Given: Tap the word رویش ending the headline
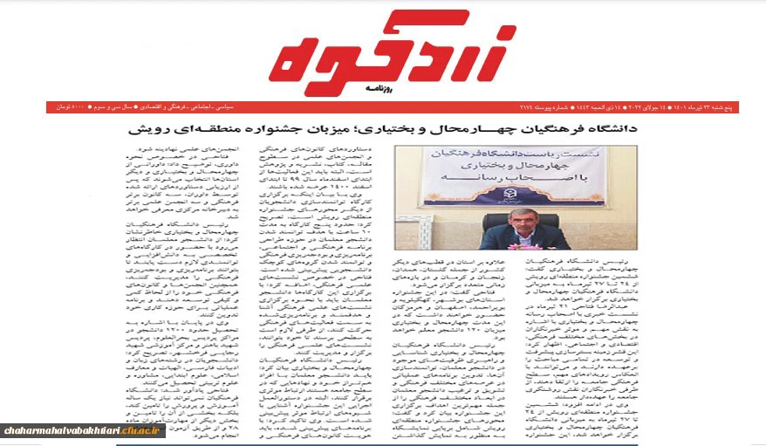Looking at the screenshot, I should pyautogui.click(x=146, y=129).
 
